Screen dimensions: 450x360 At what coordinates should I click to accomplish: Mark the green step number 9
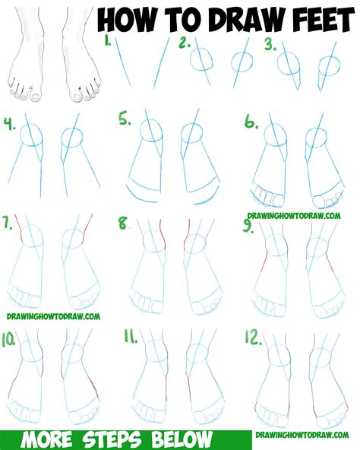tap(248, 226)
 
